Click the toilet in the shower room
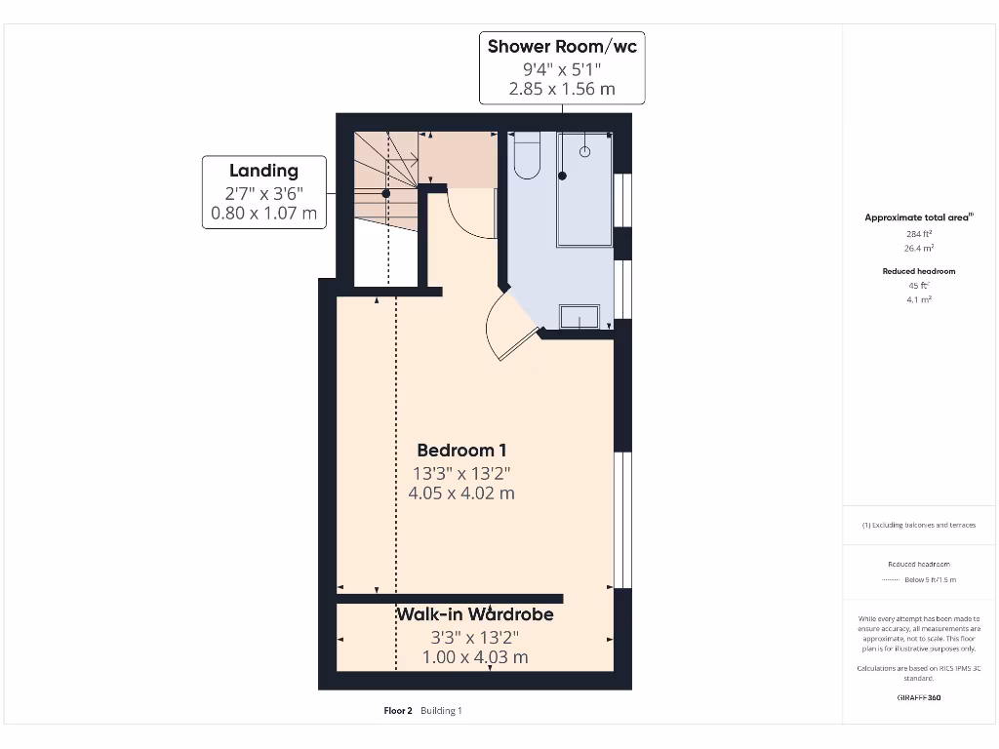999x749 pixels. click(526, 156)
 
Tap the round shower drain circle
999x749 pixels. click(585, 151)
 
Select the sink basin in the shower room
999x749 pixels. click(580, 317)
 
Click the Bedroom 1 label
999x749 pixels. click(461, 451)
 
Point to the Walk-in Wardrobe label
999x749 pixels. click(475, 614)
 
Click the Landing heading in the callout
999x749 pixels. click(263, 171)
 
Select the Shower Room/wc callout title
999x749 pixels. click(562, 46)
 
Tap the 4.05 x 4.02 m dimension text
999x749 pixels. click(461, 493)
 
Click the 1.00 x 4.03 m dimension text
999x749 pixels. click(475, 657)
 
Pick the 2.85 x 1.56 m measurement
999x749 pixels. click(562, 89)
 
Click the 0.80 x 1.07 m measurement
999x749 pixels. click(263, 214)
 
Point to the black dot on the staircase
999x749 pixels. click(386, 194)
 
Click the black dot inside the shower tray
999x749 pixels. click(563, 176)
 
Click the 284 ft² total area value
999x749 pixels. click(919, 234)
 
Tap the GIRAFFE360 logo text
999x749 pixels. click(919, 697)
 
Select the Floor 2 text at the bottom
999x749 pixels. click(400, 711)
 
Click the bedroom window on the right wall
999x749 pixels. click(622, 520)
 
